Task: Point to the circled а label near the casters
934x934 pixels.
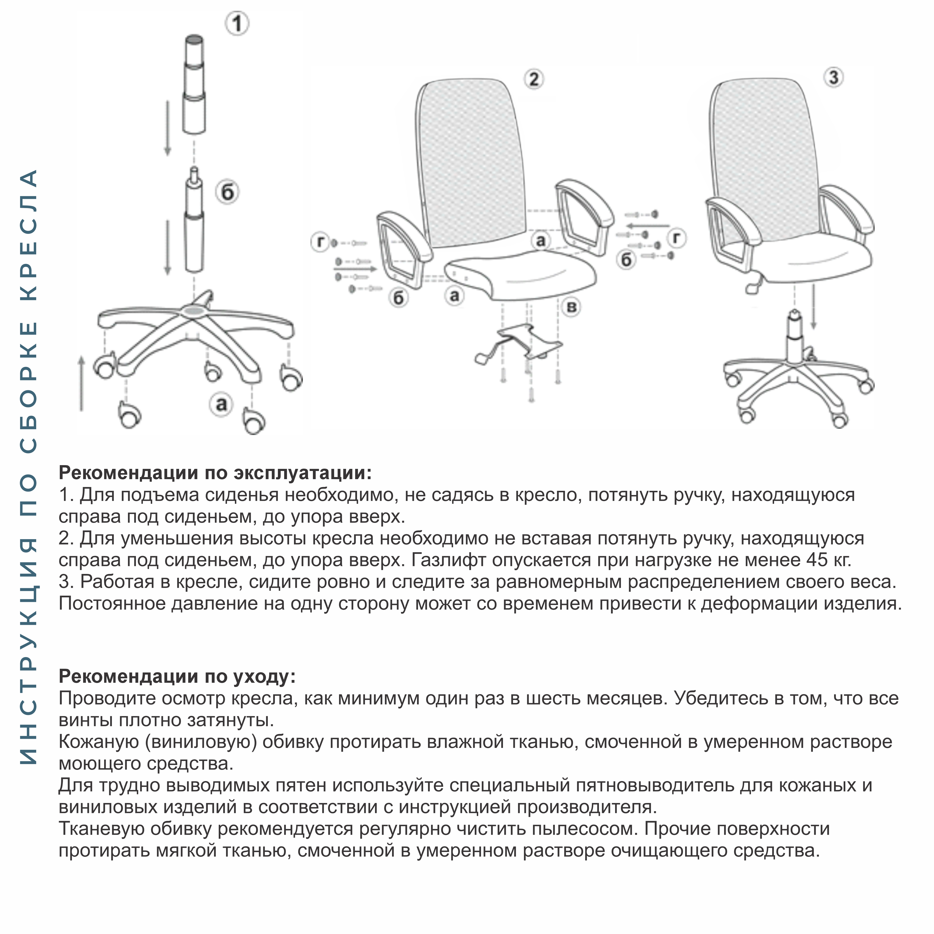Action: [x=221, y=404]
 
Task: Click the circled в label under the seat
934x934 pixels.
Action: [x=571, y=307]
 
